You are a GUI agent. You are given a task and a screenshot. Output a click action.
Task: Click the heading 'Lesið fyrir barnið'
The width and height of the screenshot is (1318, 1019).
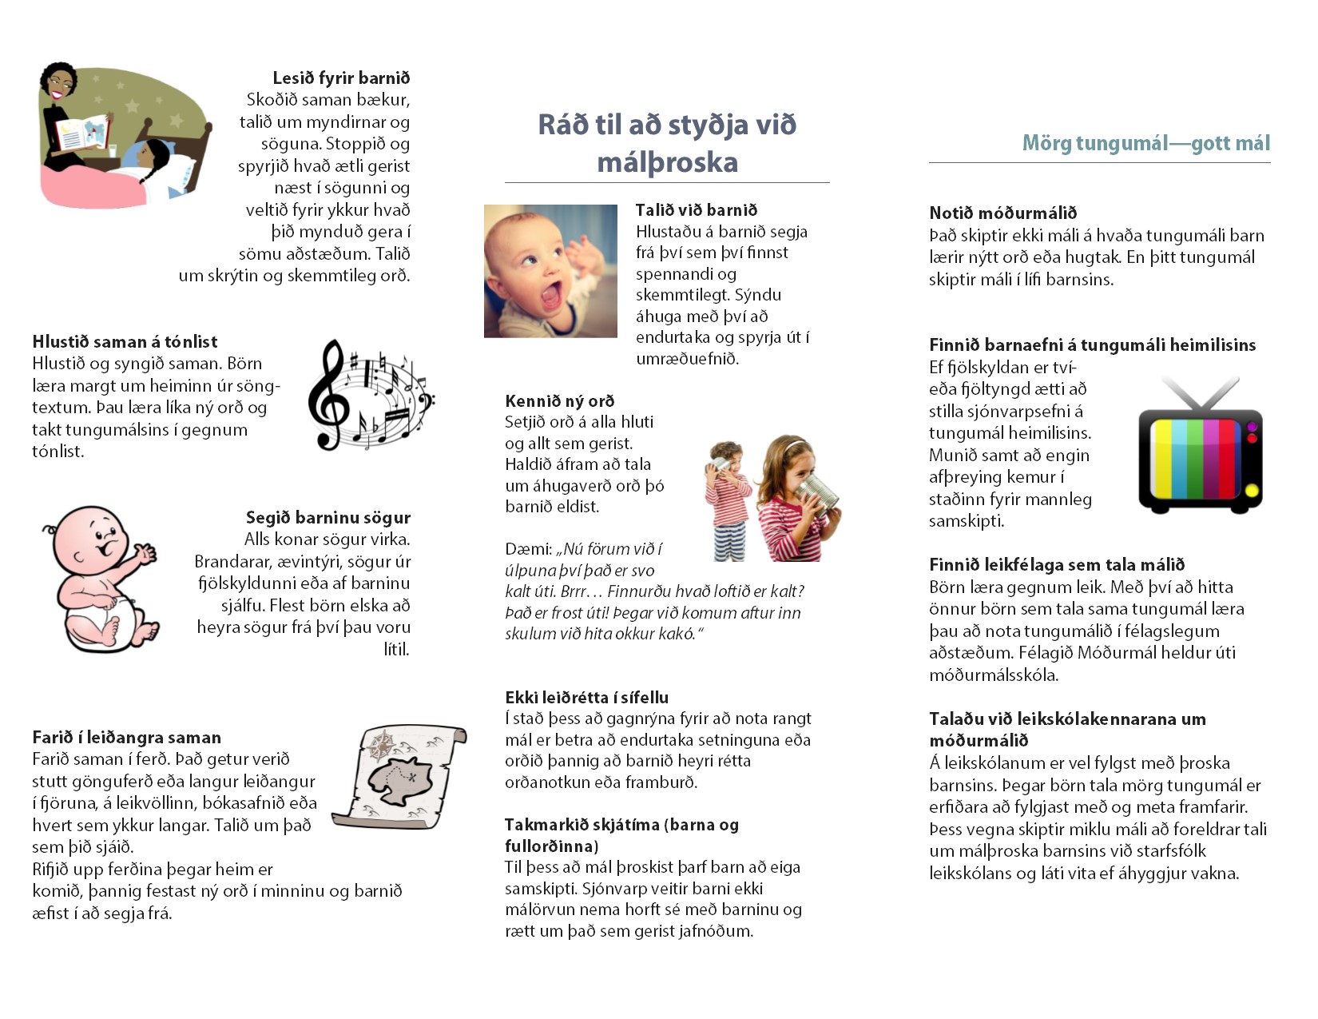(x=341, y=78)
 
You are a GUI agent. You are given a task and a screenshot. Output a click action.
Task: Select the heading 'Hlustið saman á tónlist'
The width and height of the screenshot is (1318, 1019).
(x=125, y=341)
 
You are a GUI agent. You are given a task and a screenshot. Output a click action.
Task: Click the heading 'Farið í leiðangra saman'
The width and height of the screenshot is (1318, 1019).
(x=126, y=737)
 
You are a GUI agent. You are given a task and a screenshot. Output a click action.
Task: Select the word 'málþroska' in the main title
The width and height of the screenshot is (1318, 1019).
(x=667, y=162)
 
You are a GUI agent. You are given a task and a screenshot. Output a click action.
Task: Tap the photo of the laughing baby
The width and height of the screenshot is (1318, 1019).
(x=550, y=271)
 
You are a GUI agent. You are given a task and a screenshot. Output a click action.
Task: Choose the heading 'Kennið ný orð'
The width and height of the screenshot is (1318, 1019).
(x=559, y=400)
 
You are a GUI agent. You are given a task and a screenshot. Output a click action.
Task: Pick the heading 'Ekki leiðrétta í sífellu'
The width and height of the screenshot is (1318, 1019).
(x=586, y=697)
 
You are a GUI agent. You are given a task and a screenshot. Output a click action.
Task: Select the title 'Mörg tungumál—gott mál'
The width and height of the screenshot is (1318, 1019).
(x=1145, y=143)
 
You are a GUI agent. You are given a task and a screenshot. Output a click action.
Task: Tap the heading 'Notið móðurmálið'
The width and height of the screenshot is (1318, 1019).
(x=1002, y=213)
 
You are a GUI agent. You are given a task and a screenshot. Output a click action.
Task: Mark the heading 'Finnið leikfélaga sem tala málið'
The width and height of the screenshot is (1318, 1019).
(x=1057, y=564)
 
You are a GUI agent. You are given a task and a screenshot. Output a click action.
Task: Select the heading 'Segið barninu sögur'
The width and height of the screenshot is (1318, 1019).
(x=328, y=517)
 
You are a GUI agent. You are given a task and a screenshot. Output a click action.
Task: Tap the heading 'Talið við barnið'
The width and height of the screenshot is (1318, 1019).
(x=696, y=209)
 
